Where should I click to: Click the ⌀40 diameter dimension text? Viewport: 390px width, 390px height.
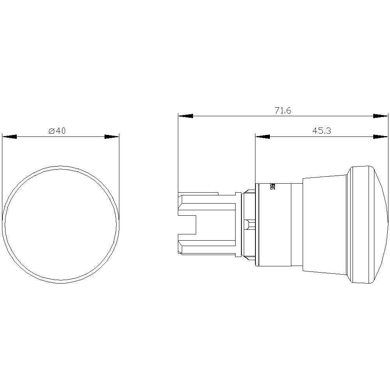(x=57, y=131)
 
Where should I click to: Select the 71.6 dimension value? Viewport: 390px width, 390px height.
(x=283, y=111)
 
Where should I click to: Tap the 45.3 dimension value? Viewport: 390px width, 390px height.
(x=321, y=131)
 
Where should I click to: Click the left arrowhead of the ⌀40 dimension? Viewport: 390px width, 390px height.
(x=9, y=137)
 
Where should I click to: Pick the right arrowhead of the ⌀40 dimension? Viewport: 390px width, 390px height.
(x=112, y=137)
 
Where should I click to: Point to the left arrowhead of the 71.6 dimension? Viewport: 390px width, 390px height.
(x=185, y=116)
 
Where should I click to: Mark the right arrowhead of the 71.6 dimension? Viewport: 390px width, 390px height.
(x=381, y=116)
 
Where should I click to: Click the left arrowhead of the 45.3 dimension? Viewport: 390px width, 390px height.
(x=262, y=136)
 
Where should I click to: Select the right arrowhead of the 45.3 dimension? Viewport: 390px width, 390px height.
(x=381, y=136)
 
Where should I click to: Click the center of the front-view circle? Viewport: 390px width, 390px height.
(x=60, y=224)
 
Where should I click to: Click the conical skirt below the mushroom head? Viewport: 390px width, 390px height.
(x=324, y=224)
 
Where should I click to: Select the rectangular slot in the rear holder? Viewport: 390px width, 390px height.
(x=187, y=224)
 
